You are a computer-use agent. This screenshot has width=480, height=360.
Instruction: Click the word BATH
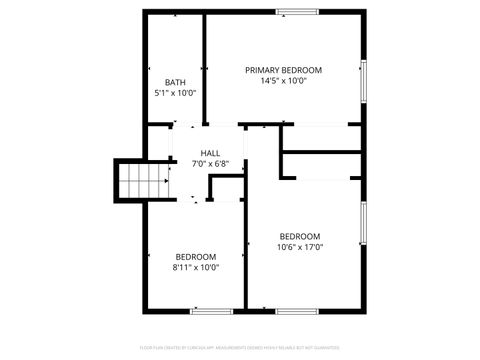[175, 82]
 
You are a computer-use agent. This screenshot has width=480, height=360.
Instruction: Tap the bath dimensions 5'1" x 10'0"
[175, 93]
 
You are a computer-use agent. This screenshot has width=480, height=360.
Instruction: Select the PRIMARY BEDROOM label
[284, 70]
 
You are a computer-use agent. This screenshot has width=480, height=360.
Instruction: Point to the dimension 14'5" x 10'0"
[284, 81]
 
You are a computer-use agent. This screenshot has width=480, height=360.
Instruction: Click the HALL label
[210, 153]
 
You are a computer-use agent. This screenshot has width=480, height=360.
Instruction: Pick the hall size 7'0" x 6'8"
[210, 164]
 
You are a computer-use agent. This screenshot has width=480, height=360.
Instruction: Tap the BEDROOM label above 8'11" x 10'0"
[196, 257]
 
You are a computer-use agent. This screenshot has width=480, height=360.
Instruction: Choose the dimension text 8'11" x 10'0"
[196, 268]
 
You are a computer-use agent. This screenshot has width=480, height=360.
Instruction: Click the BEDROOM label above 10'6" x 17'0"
[300, 236]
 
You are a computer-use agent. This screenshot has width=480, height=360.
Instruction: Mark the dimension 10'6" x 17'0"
[300, 247]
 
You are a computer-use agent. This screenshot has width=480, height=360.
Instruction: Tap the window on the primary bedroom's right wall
[364, 80]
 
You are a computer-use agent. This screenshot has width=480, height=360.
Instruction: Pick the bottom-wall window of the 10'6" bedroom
[298, 311]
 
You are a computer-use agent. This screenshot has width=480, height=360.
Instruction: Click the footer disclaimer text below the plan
[240, 349]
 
